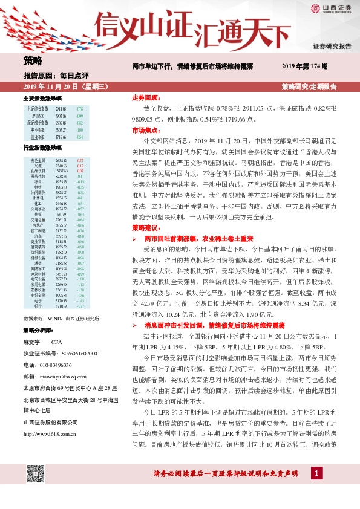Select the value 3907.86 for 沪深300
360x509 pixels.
click(61, 115)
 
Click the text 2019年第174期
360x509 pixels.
click(305, 66)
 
